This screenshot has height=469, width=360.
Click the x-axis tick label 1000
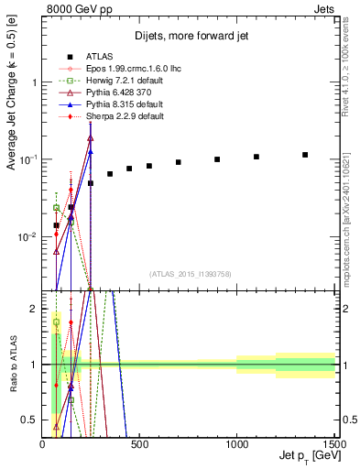(x=236, y=445)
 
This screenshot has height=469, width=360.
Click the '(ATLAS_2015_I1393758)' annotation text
(x=189, y=273)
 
